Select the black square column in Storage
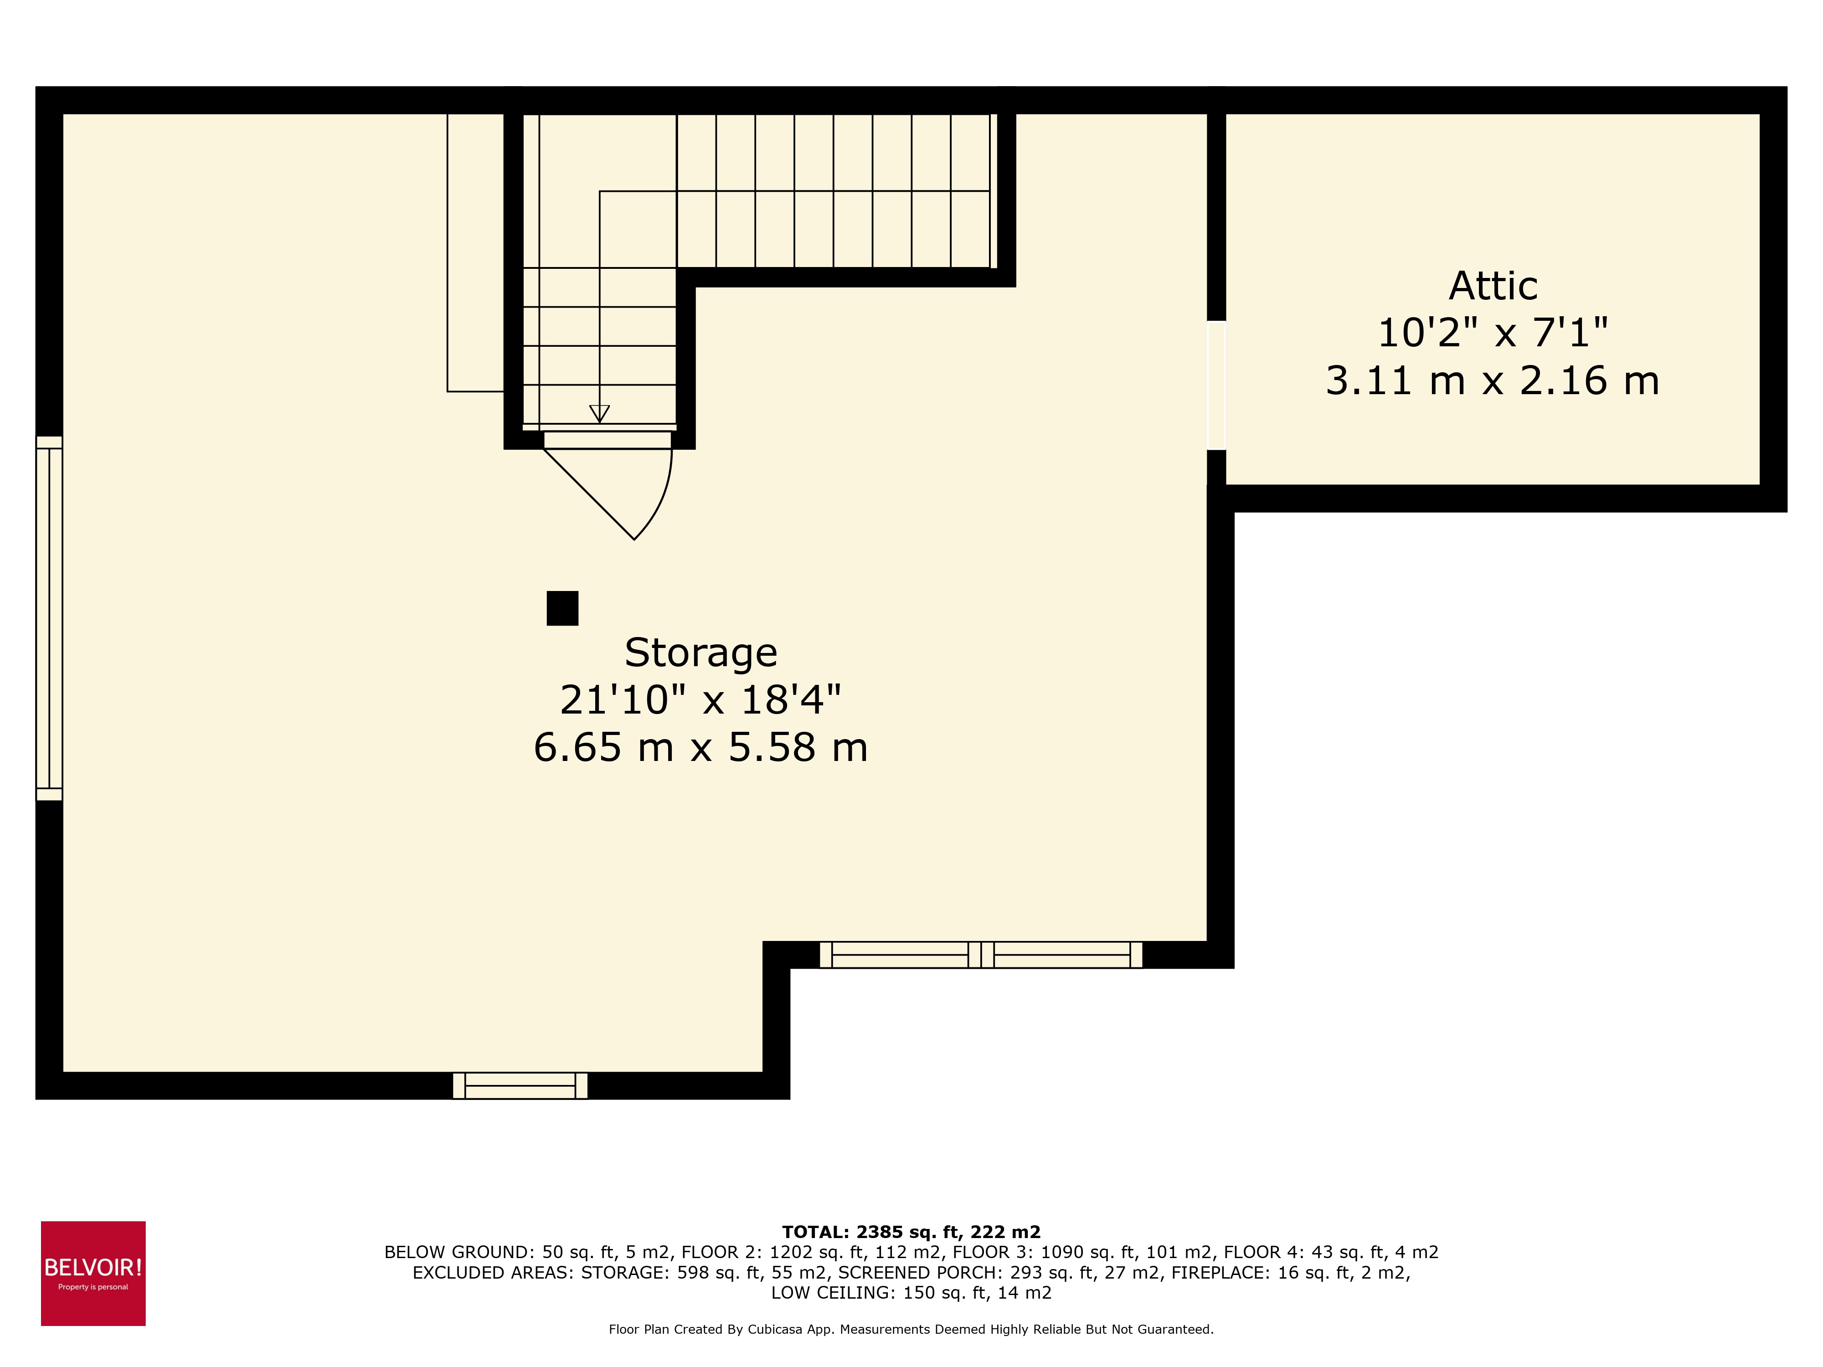[x=562, y=608]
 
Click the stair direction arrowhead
[x=599, y=414]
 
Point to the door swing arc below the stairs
[x=659, y=503]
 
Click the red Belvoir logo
[x=93, y=1273]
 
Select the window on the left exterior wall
[x=49, y=618]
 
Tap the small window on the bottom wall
[x=520, y=1085]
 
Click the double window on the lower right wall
[x=981, y=954]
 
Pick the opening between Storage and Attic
[x=1216, y=385]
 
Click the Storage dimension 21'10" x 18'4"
[x=700, y=699]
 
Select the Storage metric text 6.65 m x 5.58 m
[x=700, y=747]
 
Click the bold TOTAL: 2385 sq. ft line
[x=911, y=1232]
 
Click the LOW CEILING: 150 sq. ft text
[x=911, y=1292]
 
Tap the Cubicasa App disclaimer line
[x=911, y=1329]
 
